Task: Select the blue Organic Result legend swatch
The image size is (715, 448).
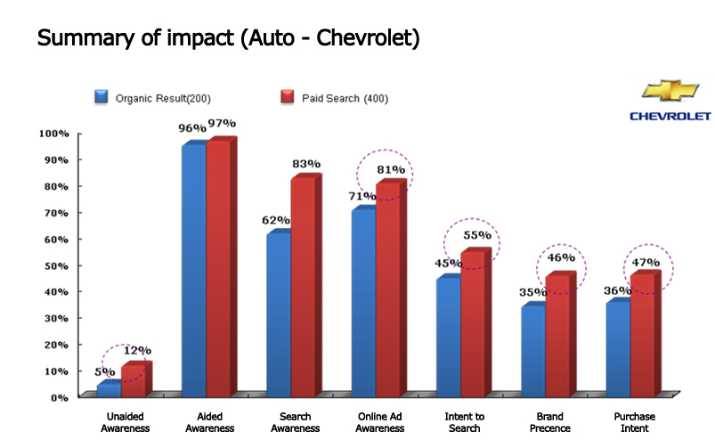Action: click(x=102, y=97)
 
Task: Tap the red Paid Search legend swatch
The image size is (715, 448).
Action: click(x=286, y=97)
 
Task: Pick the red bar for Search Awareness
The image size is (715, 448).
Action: click(x=303, y=285)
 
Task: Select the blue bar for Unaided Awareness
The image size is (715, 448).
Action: click(x=108, y=388)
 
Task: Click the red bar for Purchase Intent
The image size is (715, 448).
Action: click(x=642, y=333)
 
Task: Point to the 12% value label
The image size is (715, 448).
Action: click(x=136, y=350)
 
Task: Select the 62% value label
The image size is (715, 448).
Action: click(x=276, y=220)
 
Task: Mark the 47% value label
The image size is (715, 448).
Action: click(x=646, y=262)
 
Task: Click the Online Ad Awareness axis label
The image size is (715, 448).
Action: click(x=381, y=421)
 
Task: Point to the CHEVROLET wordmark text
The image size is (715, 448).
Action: click(x=670, y=116)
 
